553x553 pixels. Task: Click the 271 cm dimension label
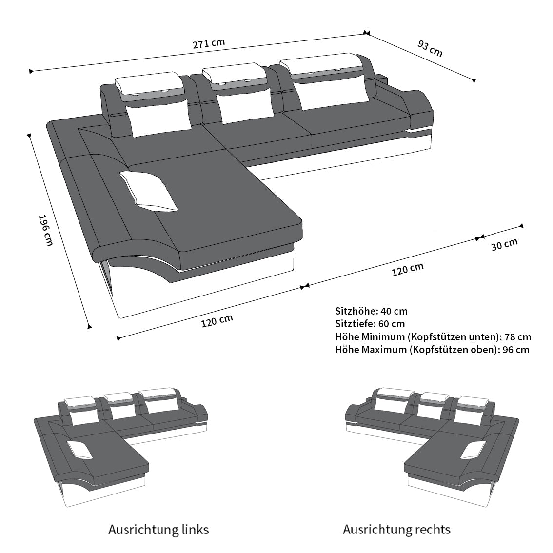208,43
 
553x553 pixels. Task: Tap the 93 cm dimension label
430,48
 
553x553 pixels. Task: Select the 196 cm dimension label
45,230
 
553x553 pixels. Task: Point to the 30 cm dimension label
504,244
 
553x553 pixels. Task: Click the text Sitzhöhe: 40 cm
371,311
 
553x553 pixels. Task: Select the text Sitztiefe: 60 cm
370,324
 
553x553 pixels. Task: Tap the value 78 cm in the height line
517,337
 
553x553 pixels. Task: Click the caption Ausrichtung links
158,530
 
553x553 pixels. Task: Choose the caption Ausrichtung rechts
396,530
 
